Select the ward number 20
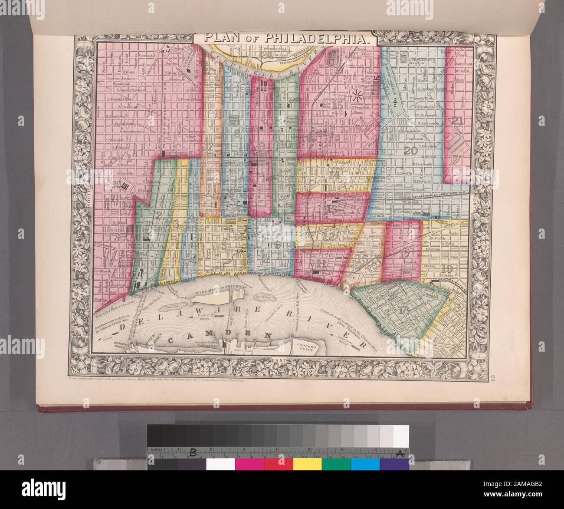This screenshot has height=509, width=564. [x=410, y=151]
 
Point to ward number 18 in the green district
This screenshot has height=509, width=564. [x=404, y=310]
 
